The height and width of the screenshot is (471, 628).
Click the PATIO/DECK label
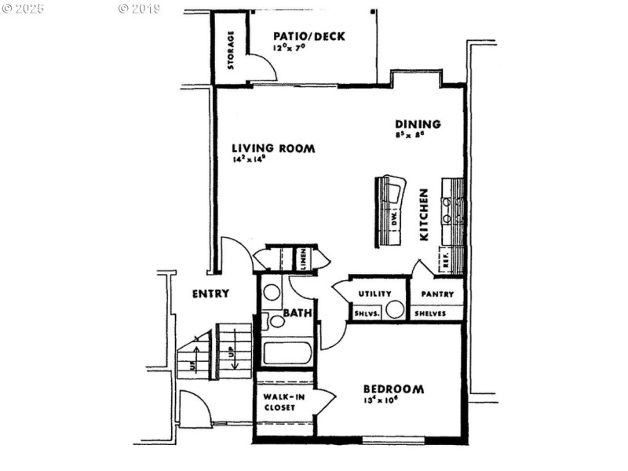click(x=309, y=36)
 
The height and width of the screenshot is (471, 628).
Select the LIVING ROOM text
click(x=273, y=148)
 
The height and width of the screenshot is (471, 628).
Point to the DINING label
click(x=418, y=124)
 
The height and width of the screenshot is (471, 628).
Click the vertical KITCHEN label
click(x=423, y=214)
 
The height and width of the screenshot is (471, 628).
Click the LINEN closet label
click(x=301, y=258)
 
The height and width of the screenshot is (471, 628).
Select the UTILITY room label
click(x=375, y=294)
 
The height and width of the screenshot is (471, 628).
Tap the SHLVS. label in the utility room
click(x=367, y=312)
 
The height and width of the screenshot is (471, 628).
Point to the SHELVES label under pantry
click(x=430, y=312)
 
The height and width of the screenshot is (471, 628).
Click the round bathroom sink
click(x=272, y=293)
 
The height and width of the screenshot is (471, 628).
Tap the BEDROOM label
click(x=393, y=389)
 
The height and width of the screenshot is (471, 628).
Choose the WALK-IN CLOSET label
click(x=279, y=402)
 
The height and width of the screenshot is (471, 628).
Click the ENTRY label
click(x=211, y=294)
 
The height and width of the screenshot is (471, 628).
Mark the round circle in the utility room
click(x=395, y=309)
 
